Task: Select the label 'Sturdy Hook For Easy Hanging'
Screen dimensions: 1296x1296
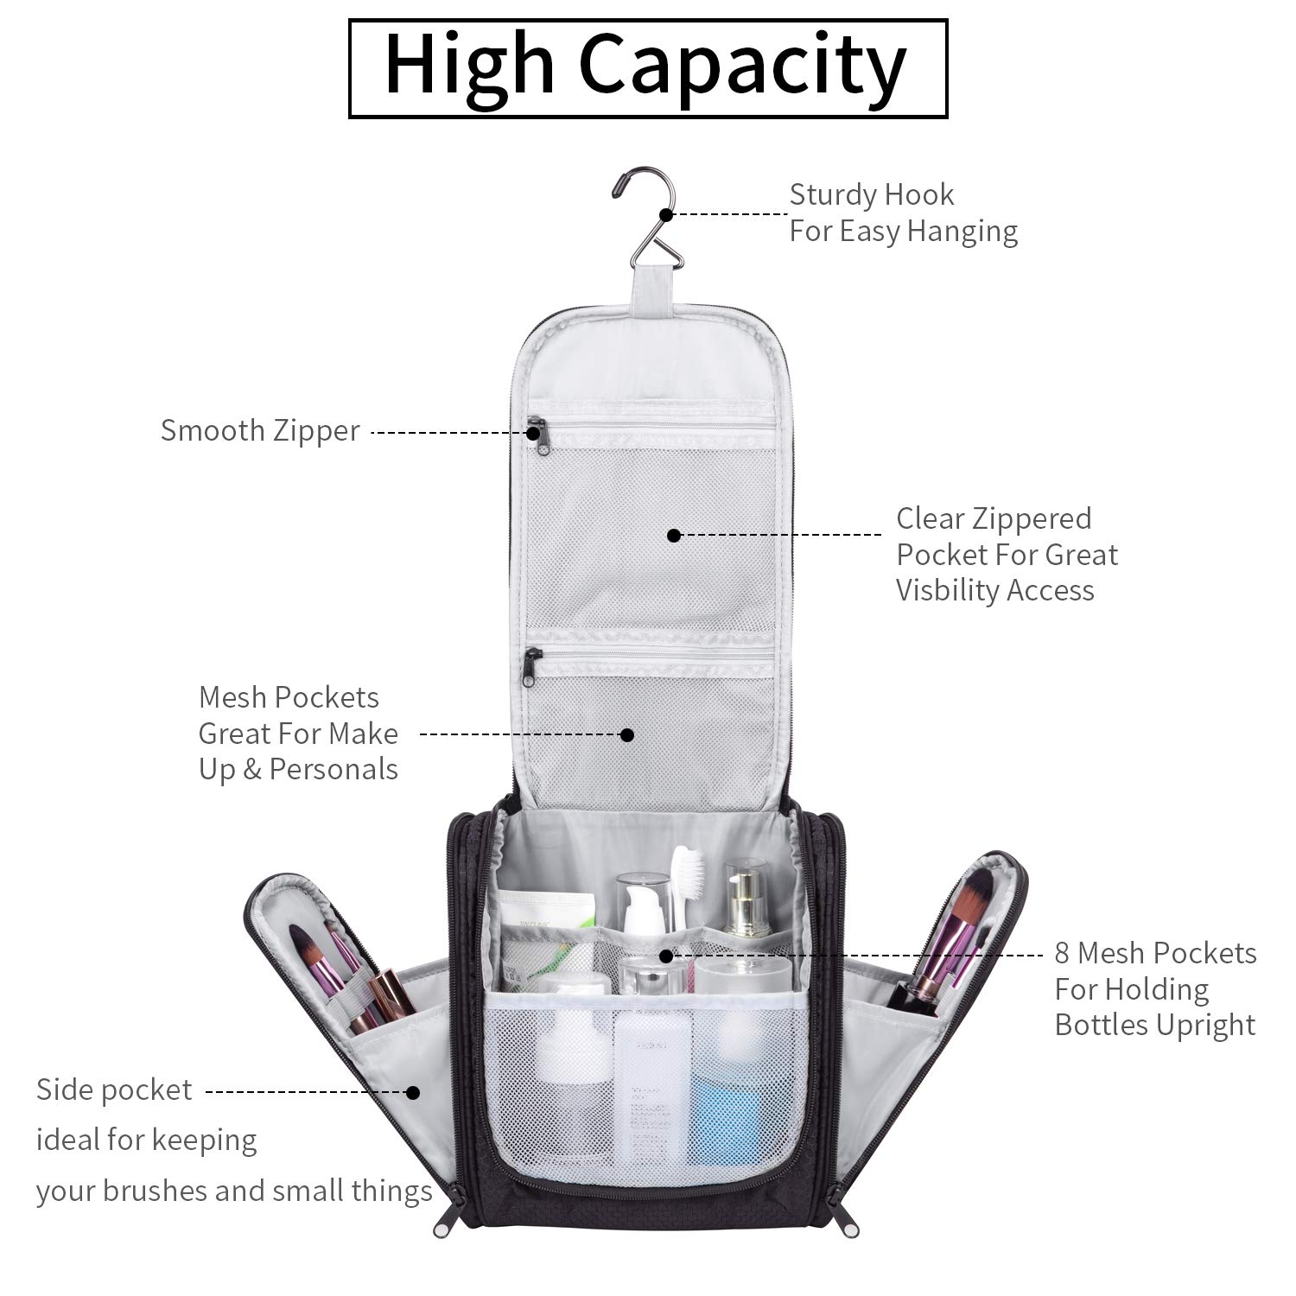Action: (x=903, y=213)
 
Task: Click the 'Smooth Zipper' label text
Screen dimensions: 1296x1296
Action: (x=260, y=430)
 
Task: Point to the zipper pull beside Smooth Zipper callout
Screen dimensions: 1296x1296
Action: (x=537, y=431)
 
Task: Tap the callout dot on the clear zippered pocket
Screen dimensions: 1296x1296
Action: (x=674, y=536)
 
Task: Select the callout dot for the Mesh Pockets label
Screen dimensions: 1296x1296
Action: (x=628, y=734)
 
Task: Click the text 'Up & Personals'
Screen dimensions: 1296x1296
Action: (x=298, y=770)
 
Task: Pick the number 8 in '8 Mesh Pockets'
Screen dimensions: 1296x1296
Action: (x=1063, y=953)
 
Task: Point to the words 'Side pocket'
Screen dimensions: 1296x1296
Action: (x=114, y=1090)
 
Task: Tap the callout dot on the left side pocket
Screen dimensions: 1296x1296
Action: (x=414, y=1092)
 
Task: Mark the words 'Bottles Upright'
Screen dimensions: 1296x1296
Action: (x=1154, y=1026)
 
